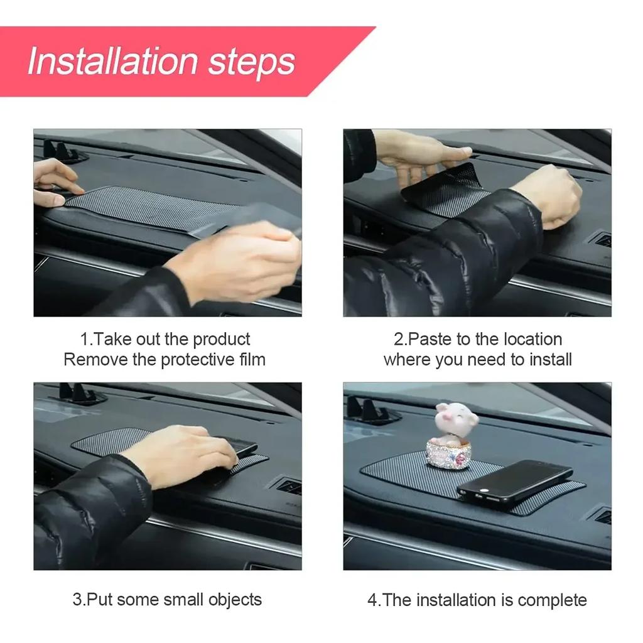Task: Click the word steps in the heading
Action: pos(251,62)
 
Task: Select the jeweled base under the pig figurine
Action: pos(448,453)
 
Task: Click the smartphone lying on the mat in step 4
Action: pos(514,482)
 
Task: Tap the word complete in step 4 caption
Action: pos(552,600)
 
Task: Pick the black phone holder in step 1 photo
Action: pos(63,152)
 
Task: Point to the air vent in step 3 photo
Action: pos(289,486)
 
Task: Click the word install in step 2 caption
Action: pos(550,360)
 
